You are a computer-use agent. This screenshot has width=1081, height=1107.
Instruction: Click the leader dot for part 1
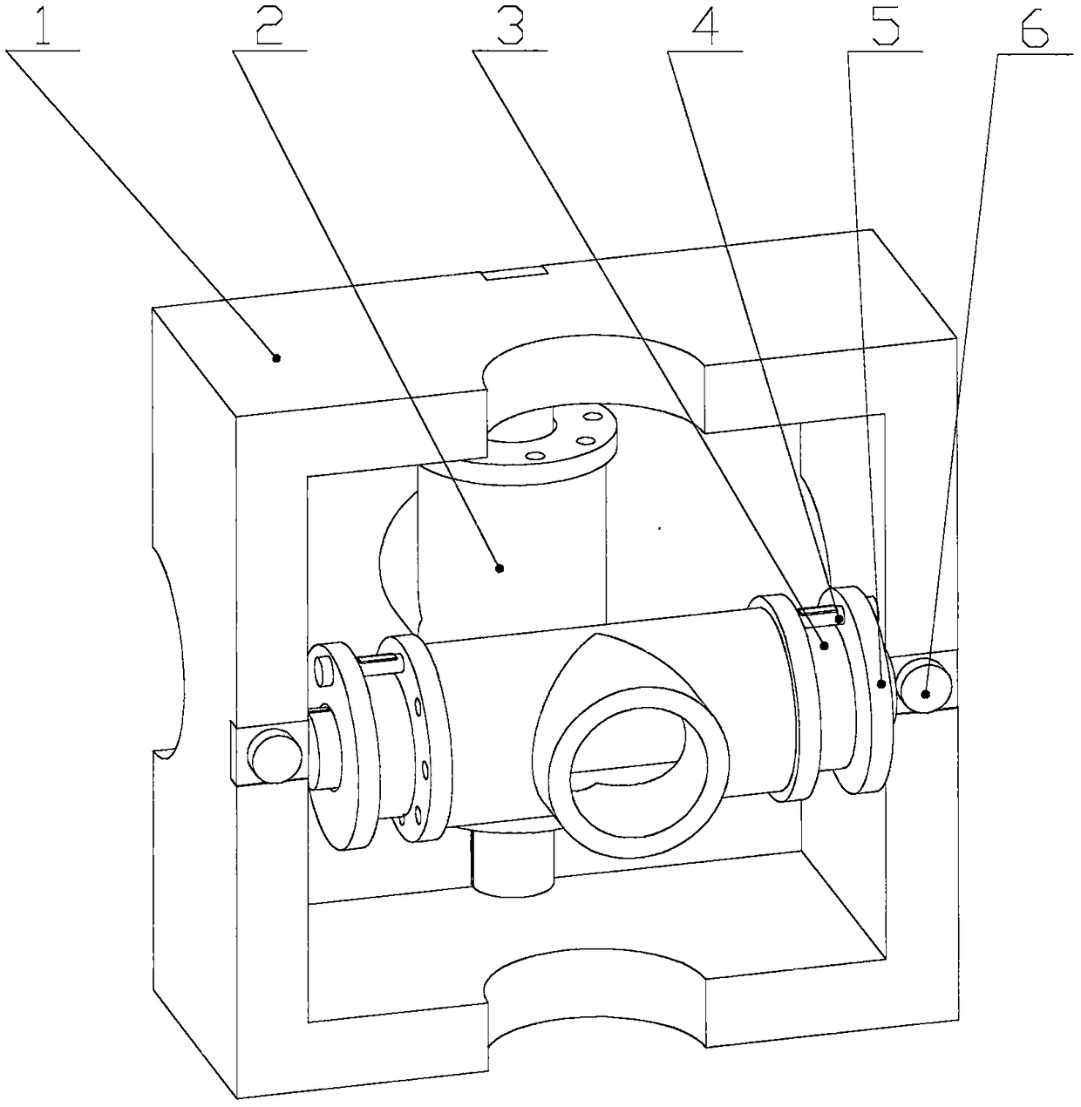[x=277, y=357]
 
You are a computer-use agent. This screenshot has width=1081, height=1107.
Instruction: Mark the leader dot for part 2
[x=500, y=568]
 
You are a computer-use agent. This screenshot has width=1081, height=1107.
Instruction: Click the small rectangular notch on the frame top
[x=514, y=275]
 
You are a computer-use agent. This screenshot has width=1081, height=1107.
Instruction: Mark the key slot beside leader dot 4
[x=819, y=615]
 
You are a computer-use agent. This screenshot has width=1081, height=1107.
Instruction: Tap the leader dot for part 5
[x=881, y=684]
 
